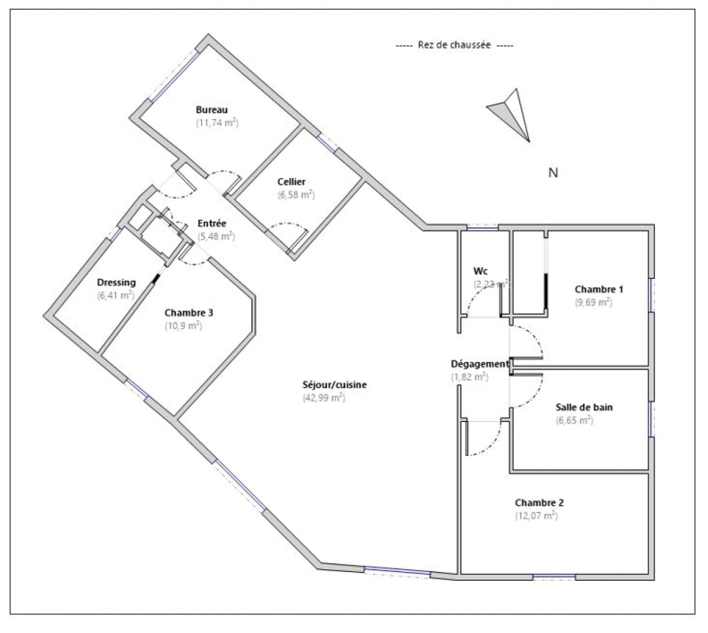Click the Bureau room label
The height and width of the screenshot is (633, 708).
pyautogui.click(x=212, y=110)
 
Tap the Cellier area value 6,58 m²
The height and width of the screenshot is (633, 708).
pyautogui.click(x=296, y=195)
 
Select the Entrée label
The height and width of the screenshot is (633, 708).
pyautogui.click(x=212, y=223)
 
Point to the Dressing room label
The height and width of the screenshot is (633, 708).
pyautogui.click(x=116, y=283)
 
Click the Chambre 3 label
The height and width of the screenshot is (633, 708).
pyautogui.click(x=188, y=312)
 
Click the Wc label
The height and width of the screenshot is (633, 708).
pyautogui.click(x=481, y=271)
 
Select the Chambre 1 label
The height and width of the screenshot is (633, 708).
pyautogui.click(x=598, y=289)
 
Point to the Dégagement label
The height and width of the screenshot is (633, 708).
pyautogui.click(x=480, y=364)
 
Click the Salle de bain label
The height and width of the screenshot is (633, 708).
pyautogui.click(x=584, y=407)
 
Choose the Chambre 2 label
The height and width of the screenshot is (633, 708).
pyautogui.click(x=539, y=503)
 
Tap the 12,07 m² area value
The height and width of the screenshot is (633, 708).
pyautogui.click(x=536, y=516)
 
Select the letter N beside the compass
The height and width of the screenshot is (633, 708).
pyautogui.click(x=553, y=173)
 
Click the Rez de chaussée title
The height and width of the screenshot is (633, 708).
pyautogui.click(x=454, y=45)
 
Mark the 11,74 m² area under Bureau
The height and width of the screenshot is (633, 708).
pyautogui.click(x=217, y=123)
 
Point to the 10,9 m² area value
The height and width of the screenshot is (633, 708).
pyautogui.click(x=183, y=326)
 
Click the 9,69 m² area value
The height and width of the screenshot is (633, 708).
pyautogui.click(x=593, y=302)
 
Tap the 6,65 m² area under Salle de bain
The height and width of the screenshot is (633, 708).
pyautogui.click(x=574, y=420)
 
